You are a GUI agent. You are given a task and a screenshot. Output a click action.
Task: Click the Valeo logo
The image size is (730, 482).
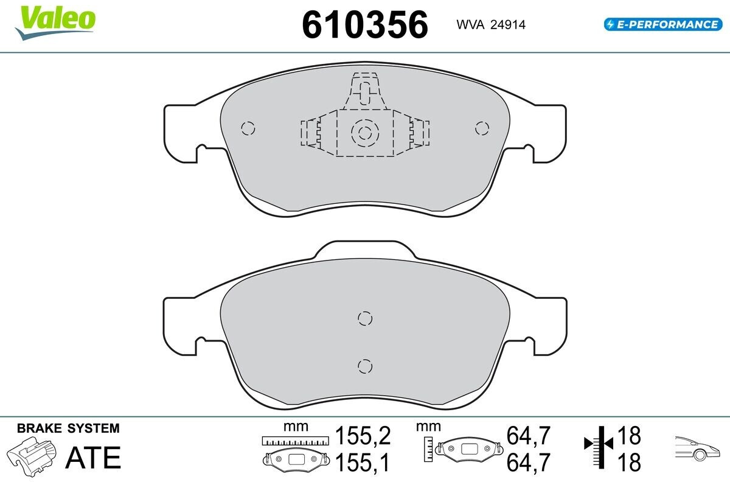coord(55,22)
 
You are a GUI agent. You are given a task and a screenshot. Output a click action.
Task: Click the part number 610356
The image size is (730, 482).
coord(365,25)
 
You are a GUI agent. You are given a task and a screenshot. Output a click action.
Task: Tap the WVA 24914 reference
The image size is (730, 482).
coord(491,25)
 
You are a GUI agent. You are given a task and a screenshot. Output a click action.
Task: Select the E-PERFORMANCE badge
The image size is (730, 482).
coord(663,24)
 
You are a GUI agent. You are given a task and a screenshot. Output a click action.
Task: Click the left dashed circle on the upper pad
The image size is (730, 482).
coord(248,128)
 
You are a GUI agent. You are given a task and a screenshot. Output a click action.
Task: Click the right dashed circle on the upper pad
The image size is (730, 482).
coord(482,128)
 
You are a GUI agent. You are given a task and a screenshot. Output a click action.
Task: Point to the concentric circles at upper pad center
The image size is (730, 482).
coord(365,133)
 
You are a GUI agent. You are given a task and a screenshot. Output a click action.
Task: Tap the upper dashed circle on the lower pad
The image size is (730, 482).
coord(365,318)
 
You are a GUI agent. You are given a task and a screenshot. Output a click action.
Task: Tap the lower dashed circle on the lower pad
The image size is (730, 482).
coord(365,366)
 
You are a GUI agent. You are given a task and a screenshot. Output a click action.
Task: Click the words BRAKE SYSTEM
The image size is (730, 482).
coord(68,428)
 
